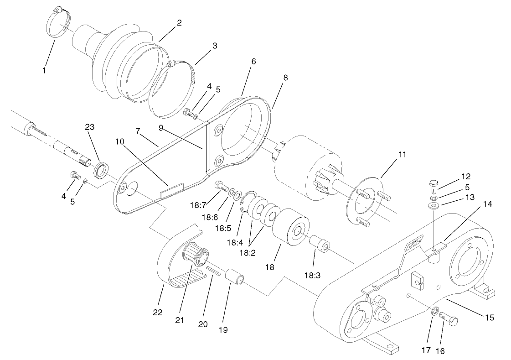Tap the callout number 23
coord(89,127)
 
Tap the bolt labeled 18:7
coord(220,185)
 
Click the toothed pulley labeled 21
coord(195,256)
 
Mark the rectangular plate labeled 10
coord(172,190)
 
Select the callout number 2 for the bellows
coord(179,23)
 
